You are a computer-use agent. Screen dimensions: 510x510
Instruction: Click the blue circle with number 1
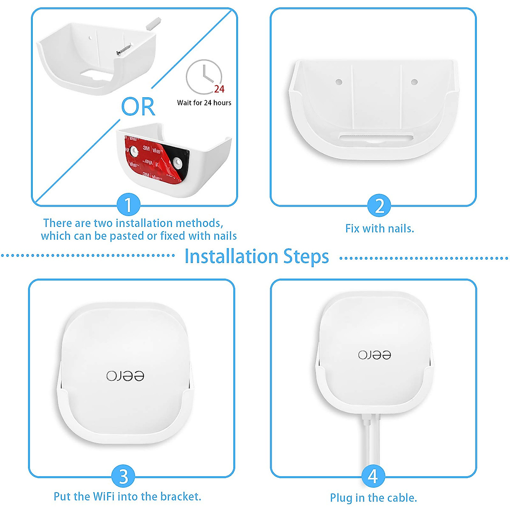[x=128, y=205]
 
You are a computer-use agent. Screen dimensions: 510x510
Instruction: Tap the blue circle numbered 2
[x=379, y=206]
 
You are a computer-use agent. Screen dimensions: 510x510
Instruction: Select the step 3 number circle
[x=123, y=476]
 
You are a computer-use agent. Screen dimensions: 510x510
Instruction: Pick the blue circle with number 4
[x=373, y=476]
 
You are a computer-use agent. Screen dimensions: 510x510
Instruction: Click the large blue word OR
[x=138, y=107]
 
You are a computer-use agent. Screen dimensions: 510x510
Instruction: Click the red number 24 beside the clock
[x=219, y=89]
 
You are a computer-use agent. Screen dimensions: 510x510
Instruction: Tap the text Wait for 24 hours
[x=204, y=103]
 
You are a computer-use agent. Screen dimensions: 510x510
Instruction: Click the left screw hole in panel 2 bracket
[x=339, y=81]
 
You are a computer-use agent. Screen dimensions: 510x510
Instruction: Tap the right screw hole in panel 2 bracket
[x=414, y=82]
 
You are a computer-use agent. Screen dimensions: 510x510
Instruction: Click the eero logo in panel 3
[x=125, y=376]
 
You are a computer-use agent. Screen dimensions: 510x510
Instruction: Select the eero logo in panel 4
[x=374, y=355]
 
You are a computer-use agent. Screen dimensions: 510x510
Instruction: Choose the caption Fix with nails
[x=380, y=229]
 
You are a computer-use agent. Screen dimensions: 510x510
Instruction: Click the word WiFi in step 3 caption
[x=104, y=496]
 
